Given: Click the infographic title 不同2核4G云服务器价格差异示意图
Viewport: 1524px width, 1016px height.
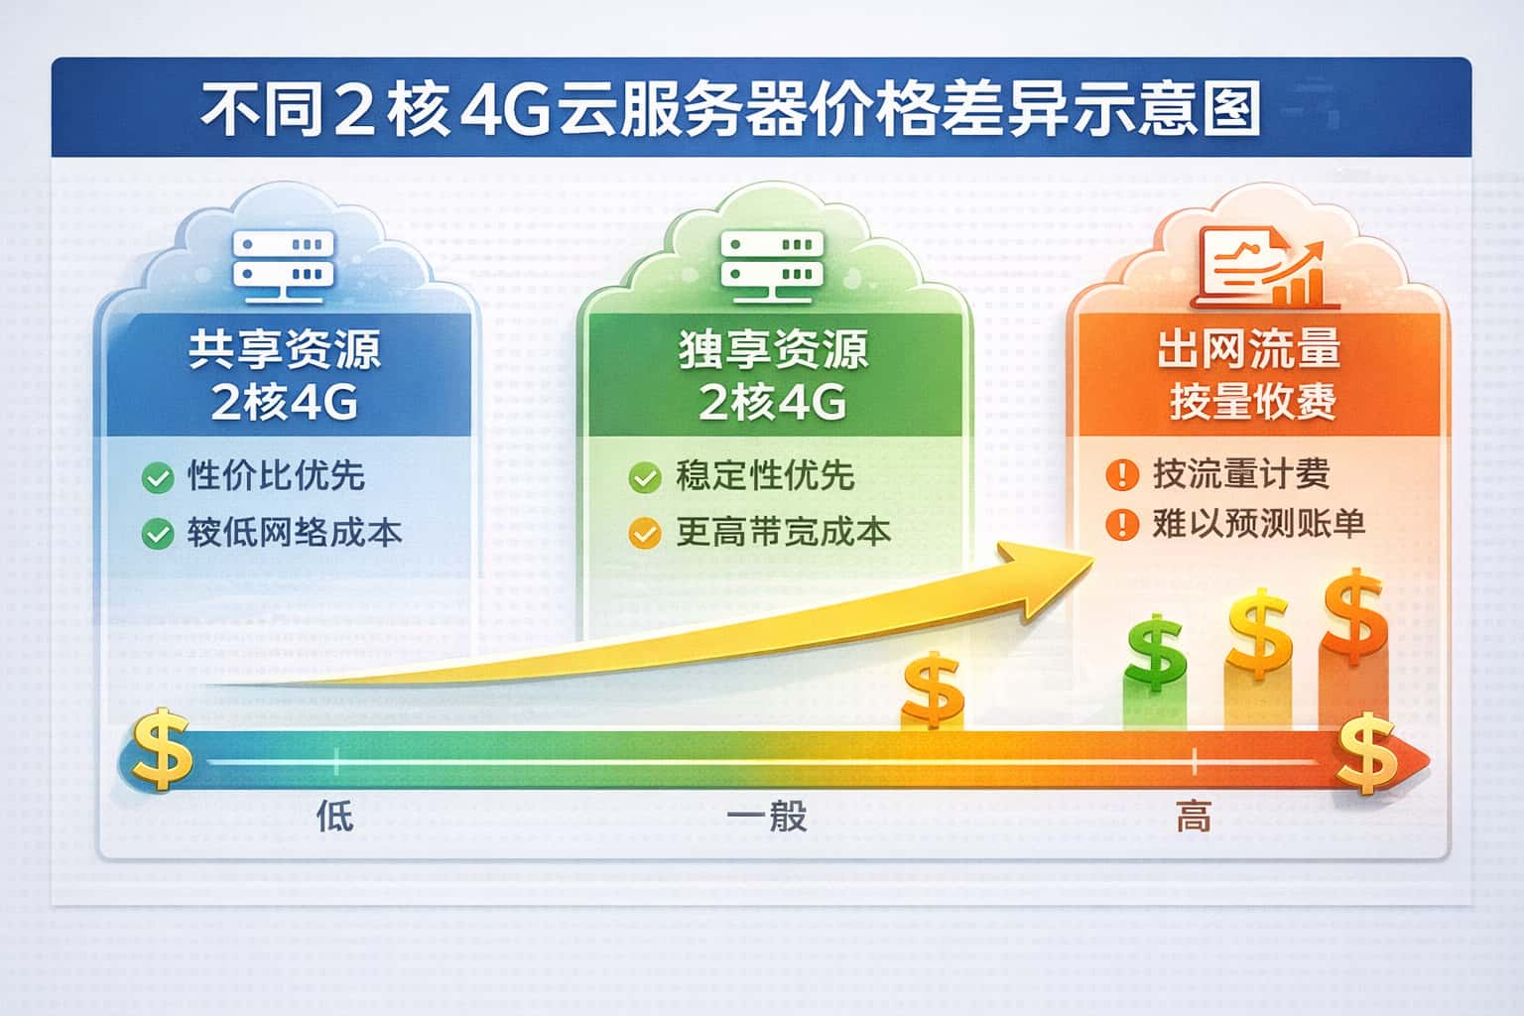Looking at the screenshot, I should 731,109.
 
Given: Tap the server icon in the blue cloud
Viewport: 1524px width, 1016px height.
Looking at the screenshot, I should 285,260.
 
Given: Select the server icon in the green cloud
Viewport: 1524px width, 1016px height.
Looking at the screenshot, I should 769,260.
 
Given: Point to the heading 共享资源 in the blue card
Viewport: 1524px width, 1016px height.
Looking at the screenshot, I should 285,349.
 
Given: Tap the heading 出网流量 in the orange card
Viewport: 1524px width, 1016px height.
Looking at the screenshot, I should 1249,348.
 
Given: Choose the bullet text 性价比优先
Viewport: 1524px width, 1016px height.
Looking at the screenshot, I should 276,476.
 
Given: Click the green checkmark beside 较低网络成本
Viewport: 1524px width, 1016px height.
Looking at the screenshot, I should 157,535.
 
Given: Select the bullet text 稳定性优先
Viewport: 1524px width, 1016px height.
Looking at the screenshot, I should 765,476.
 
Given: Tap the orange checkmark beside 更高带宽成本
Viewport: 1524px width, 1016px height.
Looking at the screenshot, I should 644,535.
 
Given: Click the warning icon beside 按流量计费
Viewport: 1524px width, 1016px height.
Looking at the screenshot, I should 1121,475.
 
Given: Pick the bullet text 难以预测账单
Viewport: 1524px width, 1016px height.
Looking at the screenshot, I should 1258,524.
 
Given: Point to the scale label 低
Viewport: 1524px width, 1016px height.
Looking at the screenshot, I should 334,817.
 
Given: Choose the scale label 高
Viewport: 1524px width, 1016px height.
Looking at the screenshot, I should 1193,818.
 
